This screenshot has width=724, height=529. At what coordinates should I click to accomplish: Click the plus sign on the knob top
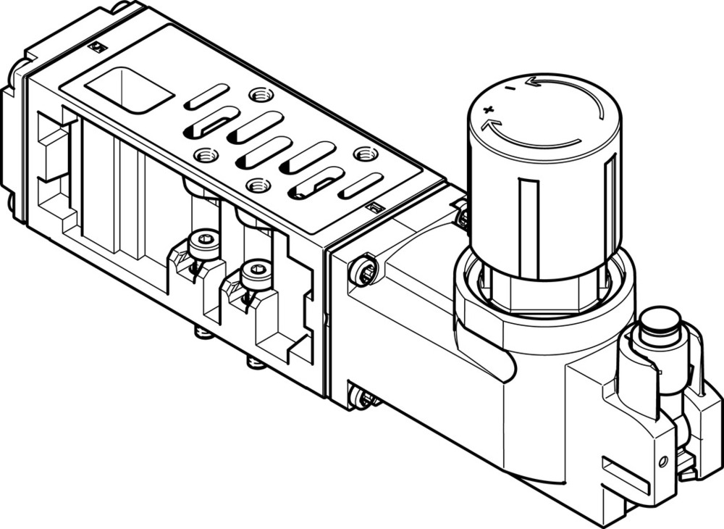(488, 110)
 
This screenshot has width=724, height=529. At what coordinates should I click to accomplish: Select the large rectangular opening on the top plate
(129, 90)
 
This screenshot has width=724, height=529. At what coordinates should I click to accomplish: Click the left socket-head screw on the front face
(203, 244)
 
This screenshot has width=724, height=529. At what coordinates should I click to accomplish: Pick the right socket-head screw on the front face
(256, 273)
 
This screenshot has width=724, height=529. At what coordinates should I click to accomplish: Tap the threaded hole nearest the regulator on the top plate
(364, 154)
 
